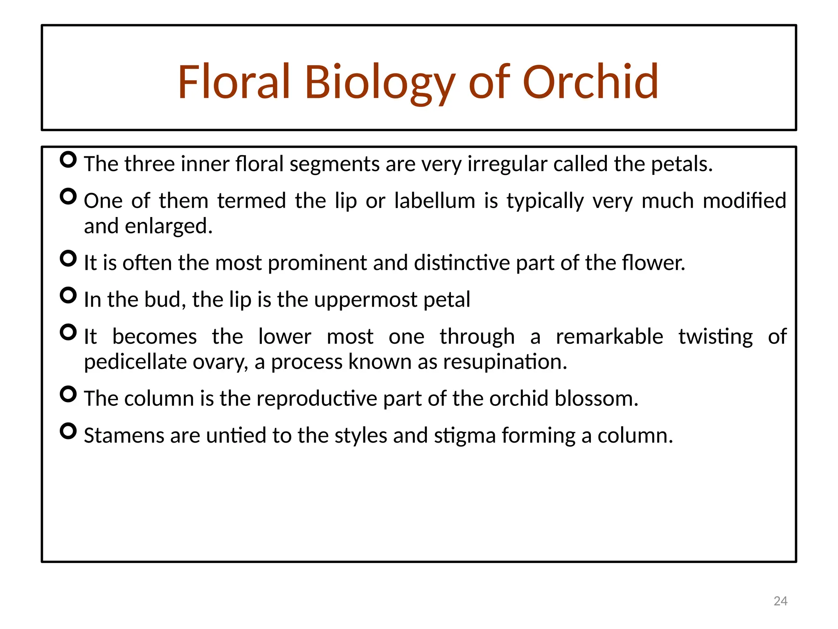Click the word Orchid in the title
[590, 82]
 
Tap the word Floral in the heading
[234, 82]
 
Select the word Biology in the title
[379, 84]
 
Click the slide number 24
[780, 601]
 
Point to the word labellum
[435, 201]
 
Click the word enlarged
[168, 226]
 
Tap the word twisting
[715, 337]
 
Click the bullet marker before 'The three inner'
[68, 160]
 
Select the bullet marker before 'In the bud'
[68, 295]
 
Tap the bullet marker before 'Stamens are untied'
[68, 431]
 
